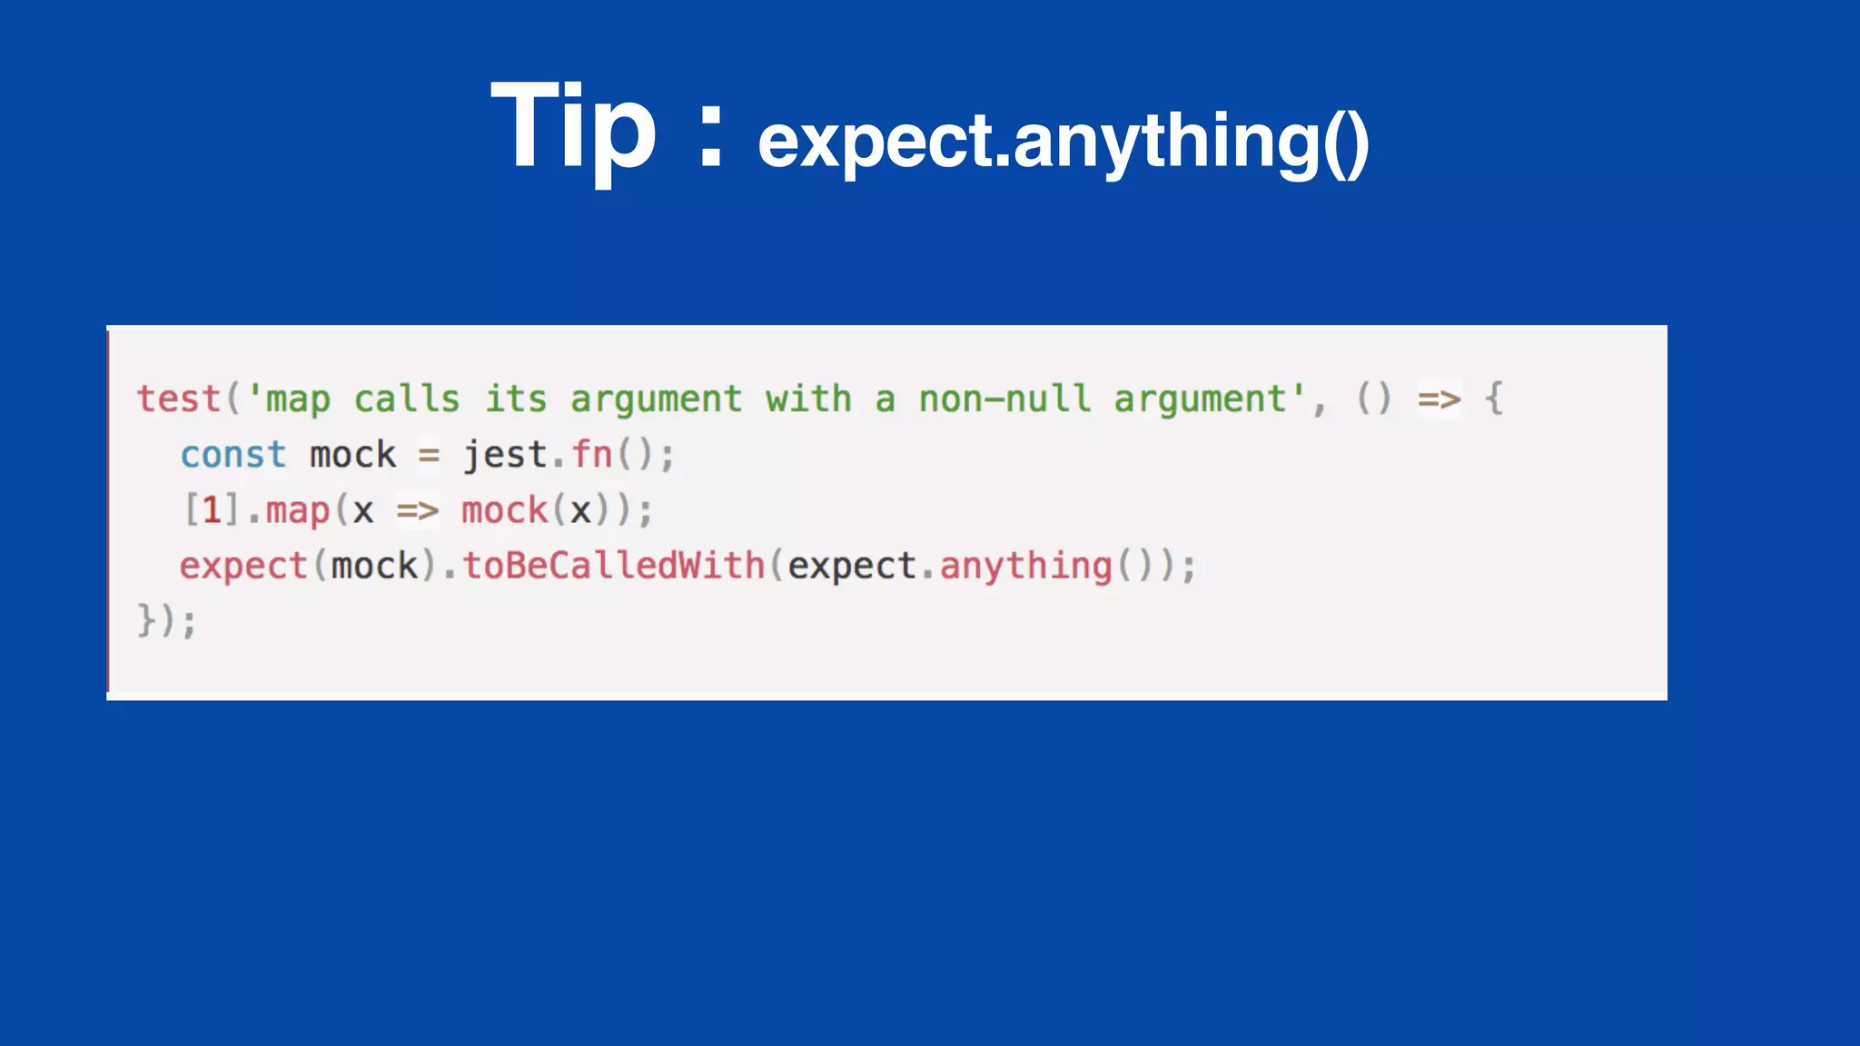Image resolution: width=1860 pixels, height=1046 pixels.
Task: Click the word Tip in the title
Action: click(x=572, y=127)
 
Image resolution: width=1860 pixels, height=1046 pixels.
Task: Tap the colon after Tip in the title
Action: click(x=711, y=137)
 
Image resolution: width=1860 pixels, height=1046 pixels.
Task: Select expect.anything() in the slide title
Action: click(x=1063, y=142)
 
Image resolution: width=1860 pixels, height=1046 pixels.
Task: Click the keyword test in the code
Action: click(x=179, y=400)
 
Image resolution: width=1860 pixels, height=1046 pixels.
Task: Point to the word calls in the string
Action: click(x=406, y=400)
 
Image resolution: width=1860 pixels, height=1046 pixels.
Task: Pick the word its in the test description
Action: click(x=515, y=400)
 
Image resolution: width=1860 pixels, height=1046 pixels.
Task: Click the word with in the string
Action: click(x=808, y=400)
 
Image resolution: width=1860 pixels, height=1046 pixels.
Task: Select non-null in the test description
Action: click(x=1004, y=400)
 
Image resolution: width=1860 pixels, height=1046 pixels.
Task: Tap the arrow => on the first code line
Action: click(x=1440, y=400)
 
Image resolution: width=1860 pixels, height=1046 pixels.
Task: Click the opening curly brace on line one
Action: click(x=1494, y=400)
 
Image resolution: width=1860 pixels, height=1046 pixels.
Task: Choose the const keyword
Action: click(x=232, y=455)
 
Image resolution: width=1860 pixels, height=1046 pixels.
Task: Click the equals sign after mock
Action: click(x=429, y=455)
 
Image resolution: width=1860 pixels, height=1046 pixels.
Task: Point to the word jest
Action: click(x=505, y=455)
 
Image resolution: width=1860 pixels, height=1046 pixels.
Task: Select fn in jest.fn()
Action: click(x=592, y=455)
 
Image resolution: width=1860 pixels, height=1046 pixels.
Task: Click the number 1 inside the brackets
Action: click(x=212, y=510)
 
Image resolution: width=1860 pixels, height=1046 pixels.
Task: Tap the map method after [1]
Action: click(x=298, y=512)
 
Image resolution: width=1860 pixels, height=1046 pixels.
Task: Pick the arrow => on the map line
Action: click(x=418, y=511)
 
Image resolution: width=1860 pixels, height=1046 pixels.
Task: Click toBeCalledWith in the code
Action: click(x=614, y=566)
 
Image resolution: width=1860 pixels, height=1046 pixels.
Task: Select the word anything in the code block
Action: click(x=1025, y=567)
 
